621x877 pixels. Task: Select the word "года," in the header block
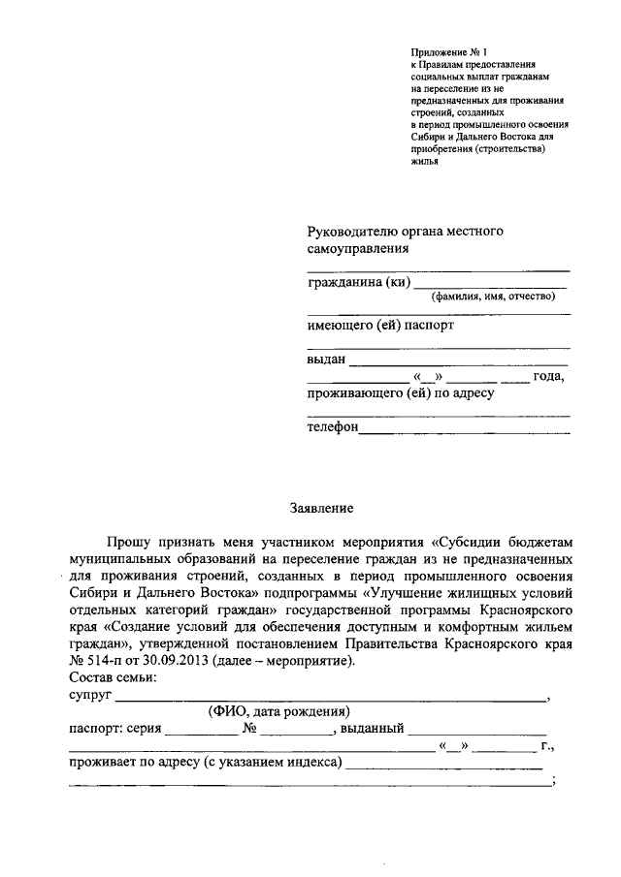[x=549, y=377]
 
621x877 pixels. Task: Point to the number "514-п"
[x=111, y=661]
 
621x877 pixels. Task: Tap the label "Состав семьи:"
[x=113, y=677]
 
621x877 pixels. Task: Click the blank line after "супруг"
[x=330, y=697]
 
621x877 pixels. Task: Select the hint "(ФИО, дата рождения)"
[x=278, y=711]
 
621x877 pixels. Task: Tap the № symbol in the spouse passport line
[x=249, y=729]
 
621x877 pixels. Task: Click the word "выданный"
[x=371, y=729]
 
